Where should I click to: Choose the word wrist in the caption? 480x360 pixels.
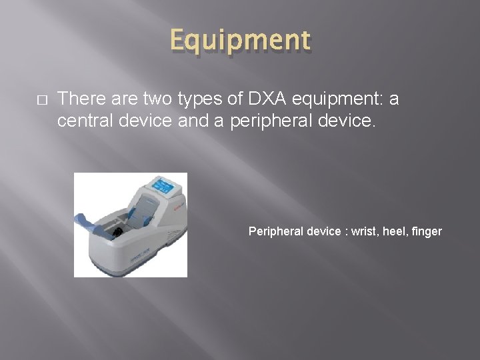click(367, 231)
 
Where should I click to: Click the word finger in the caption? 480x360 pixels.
click(427, 231)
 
